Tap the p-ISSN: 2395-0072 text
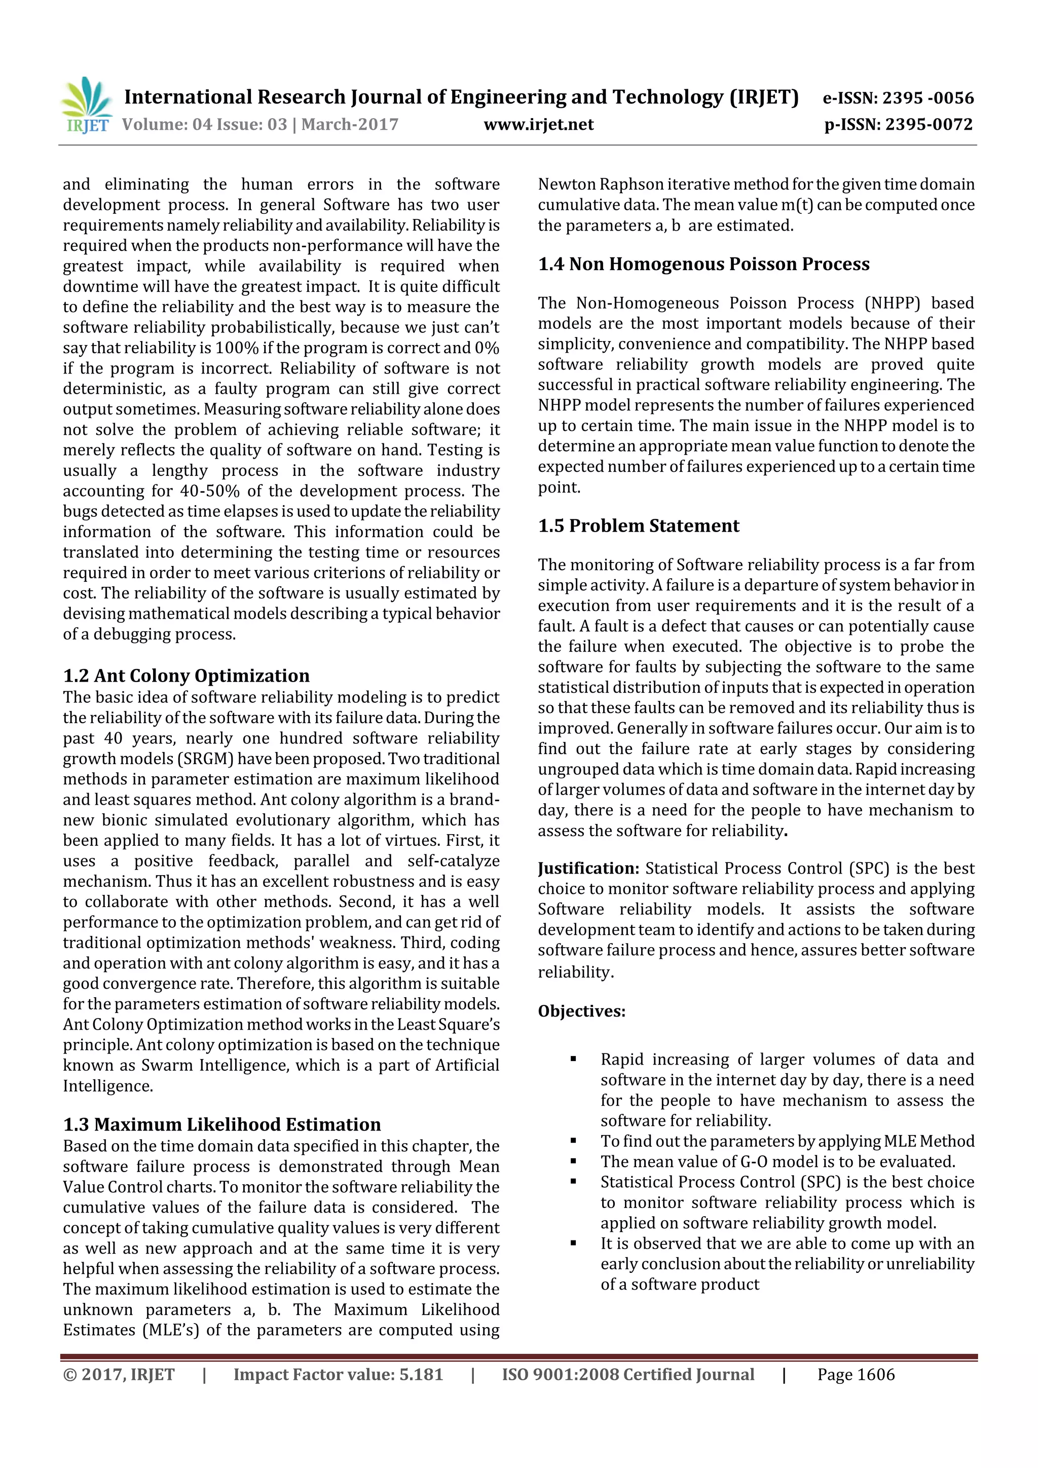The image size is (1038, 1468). click(898, 125)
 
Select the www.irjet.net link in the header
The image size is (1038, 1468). click(538, 125)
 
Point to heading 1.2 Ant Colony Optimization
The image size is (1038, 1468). click(186, 676)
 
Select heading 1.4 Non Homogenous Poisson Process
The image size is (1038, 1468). click(703, 264)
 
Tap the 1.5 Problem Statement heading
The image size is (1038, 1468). click(638, 525)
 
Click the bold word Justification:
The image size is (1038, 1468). click(588, 868)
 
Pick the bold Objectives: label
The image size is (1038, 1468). click(581, 1011)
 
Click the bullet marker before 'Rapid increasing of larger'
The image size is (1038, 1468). click(573, 1060)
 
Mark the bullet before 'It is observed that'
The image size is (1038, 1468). click(573, 1244)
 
